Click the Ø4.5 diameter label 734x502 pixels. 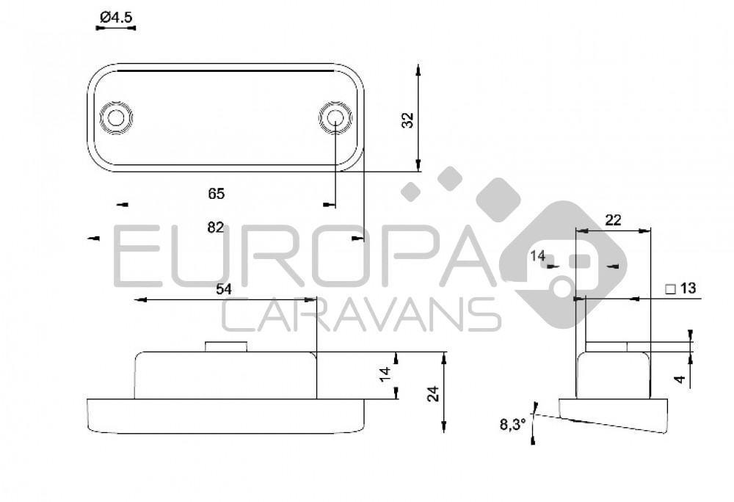[x=116, y=18]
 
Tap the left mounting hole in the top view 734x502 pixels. [x=116, y=117]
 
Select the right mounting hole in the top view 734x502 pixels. [x=335, y=117]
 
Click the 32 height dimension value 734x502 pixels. [x=409, y=120]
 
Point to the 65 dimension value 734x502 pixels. [x=217, y=194]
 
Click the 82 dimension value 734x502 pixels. [x=215, y=228]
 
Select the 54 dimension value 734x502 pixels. [x=224, y=289]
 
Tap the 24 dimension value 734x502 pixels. [x=434, y=393]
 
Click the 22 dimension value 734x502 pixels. [x=613, y=220]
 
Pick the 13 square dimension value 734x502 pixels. [x=688, y=288]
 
